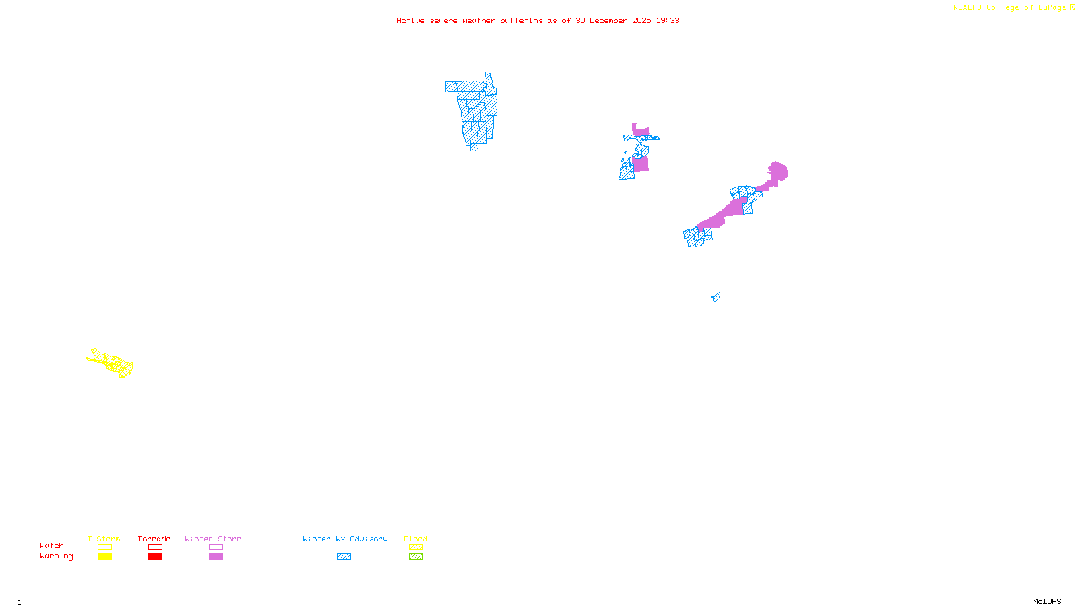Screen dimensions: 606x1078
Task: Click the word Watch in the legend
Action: [52, 545]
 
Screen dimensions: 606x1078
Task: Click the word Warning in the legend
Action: [56, 556]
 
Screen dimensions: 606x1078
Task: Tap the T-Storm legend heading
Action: [104, 539]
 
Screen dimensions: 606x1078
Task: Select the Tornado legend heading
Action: [154, 539]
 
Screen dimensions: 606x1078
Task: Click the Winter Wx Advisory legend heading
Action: [345, 539]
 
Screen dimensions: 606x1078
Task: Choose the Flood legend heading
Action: [416, 539]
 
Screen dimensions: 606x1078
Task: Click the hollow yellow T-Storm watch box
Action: [104, 547]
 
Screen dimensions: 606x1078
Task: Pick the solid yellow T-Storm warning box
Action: [104, 557]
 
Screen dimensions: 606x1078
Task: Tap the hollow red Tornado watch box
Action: [155, 547]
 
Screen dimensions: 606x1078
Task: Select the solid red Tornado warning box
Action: [155, 557]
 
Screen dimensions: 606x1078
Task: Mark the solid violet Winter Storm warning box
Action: [216, 557]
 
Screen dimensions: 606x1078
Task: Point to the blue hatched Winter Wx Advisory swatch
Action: [344, 557]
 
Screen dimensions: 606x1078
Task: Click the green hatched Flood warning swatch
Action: [416, 557]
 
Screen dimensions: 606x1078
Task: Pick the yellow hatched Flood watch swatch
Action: [416, 547]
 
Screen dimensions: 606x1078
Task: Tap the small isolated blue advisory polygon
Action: [716, 297]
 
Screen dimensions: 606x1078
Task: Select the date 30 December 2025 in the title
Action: [613, 20]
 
